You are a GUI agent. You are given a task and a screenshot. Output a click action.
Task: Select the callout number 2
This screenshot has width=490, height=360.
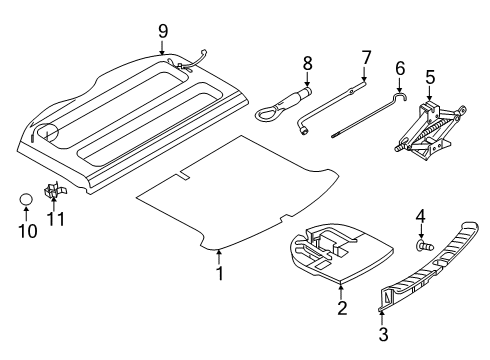341,308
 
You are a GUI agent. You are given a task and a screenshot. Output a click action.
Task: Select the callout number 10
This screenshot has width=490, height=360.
28,232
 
